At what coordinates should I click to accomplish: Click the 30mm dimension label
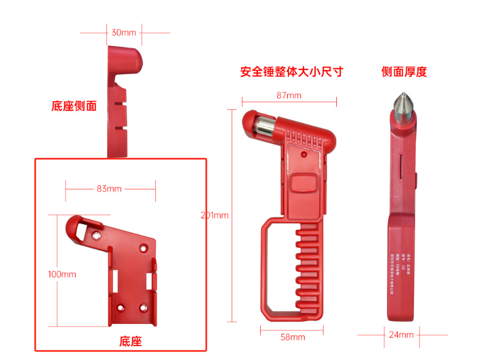coord(124,32)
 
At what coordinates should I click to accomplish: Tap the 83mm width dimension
coord(110,189)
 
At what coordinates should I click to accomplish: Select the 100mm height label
coord(62,275)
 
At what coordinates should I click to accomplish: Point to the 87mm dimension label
coord(289,95)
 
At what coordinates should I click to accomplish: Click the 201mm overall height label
coord(214,216)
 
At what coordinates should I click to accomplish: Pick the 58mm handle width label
coord(293,337)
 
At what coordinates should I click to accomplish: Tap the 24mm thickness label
coord(401,335)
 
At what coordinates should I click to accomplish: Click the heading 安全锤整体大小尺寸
coord(291,72)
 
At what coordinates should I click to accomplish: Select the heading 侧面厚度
coord(404,72)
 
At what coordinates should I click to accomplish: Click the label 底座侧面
coord(74,106)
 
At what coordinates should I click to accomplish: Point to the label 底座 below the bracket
coord(130,341)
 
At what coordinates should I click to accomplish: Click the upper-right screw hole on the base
coord(144,248)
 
